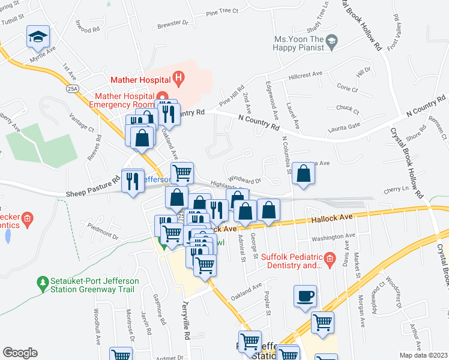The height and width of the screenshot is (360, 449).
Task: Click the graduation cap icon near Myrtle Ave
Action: click(x=38, y=38)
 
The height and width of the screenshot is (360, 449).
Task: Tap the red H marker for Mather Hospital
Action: click(x=178, y=77)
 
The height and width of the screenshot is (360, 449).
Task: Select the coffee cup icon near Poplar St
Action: click(x=305, y=296)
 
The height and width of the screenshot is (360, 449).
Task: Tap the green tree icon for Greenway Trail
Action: click(x=43, y=281)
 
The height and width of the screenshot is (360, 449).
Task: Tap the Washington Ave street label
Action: click(x=331, y=237)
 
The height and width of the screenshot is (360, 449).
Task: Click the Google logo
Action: click(x=19, y=352)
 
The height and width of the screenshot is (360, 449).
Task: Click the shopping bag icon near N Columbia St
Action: click(x=304, y=175)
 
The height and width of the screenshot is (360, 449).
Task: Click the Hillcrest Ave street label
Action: click(x=305, y=74)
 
